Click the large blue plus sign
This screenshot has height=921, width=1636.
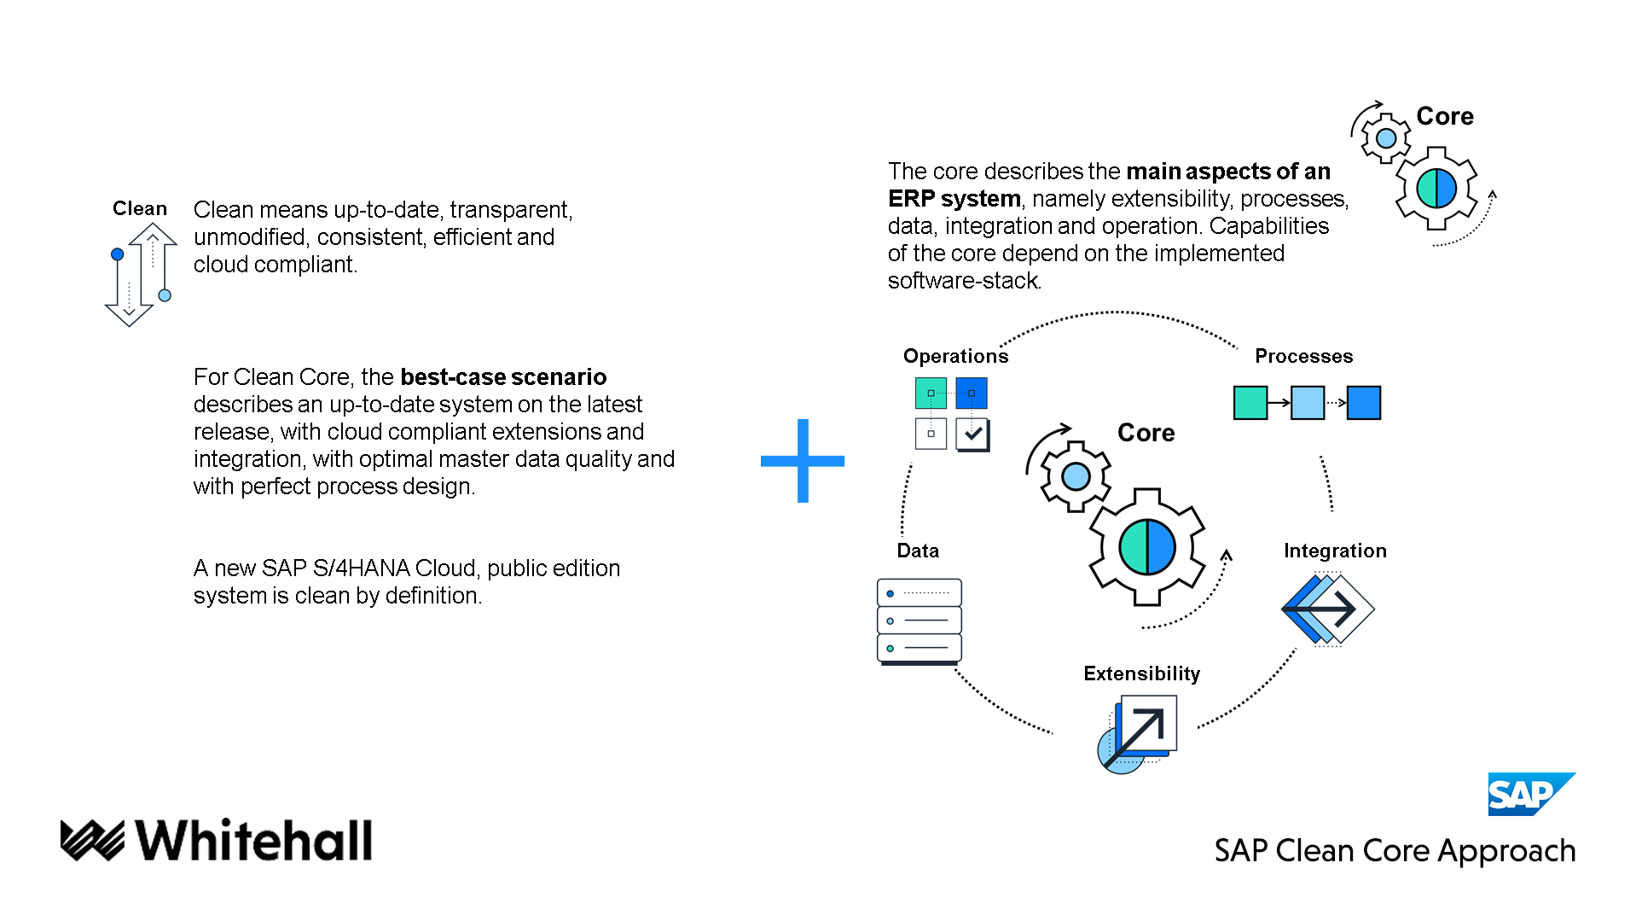click(802, 461)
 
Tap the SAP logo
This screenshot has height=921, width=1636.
click(1529, 795)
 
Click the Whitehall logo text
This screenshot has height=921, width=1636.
click(253, 841)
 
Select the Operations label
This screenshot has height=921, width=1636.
click(955, 356)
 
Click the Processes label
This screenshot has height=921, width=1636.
click(1303, 356)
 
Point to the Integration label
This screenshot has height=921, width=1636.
click(1335, 551)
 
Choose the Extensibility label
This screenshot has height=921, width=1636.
click(1141, 673)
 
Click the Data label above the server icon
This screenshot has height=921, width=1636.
click(918, 551)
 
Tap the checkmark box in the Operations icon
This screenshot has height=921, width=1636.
click(972, 434)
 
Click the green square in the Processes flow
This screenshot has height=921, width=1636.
click(1250, 403)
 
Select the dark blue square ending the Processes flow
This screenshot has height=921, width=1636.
click(1363, 403)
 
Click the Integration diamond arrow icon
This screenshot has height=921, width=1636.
click(1327, 609)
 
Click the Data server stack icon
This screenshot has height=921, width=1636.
click(919, 621)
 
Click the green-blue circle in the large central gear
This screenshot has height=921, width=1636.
click(1146, 547)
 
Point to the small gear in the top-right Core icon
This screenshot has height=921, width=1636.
click(1386, 137)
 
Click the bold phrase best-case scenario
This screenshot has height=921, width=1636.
click(503, 376)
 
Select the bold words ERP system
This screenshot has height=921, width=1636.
click(954, 199)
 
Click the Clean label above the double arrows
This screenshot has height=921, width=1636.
click(140, 208)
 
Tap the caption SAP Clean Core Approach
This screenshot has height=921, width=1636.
click(1395, 851)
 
